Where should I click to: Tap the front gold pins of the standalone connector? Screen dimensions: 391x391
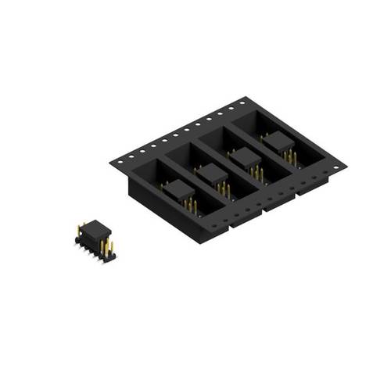click(105, 248)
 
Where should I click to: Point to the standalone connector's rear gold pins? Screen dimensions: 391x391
click(80, 228)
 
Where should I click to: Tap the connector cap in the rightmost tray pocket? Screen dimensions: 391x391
click(278, 145)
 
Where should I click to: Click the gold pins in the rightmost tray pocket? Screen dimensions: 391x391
click(291, 159)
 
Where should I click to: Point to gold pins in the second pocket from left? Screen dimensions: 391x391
click(224, 189)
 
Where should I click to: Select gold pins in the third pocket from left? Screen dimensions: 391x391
click(257, 174)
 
